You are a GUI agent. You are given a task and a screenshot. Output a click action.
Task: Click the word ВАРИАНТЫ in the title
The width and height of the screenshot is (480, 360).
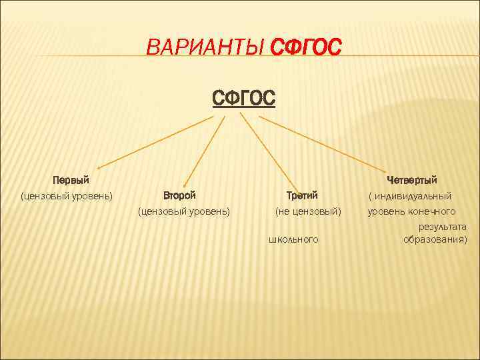coord(206,48)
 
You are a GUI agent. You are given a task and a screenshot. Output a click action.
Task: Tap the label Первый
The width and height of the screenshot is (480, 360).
coord(71,180)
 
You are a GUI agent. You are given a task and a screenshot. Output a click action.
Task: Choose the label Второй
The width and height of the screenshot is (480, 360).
coord(180,196)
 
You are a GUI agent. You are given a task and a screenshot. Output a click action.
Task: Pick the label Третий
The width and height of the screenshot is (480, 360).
coord(302,196)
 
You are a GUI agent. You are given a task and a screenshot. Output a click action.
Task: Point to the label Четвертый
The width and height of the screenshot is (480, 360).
coord(412,180)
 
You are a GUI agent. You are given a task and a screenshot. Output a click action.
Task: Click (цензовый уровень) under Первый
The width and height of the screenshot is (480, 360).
coord(67,196)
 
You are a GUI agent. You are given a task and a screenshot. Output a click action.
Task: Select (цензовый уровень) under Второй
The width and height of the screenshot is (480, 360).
coord(184,212)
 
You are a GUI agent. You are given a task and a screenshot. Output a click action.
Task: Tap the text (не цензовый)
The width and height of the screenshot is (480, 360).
coord(308,212)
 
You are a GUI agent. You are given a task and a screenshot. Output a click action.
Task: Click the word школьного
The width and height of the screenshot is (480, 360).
coord(293,239)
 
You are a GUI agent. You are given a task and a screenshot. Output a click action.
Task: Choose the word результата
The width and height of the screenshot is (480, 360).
coord(443,227)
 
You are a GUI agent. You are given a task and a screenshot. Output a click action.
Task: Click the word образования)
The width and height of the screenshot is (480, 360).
coord(435,239)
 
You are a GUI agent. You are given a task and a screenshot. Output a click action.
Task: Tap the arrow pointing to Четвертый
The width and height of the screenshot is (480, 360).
coord(327,144)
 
